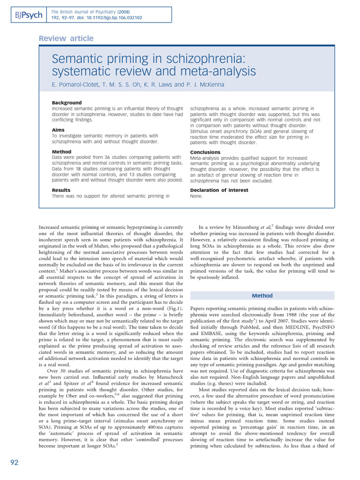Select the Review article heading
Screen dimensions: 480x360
tap(66, 38)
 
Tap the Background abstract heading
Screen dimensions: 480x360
tap(67, 103)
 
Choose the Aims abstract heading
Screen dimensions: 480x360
tap(58, 130)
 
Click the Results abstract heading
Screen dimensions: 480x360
tap(61, 190)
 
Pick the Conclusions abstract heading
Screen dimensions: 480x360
tap(205, 152)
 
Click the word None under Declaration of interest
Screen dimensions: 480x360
tap(196, 196)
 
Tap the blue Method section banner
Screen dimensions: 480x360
tap(262, 296)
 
